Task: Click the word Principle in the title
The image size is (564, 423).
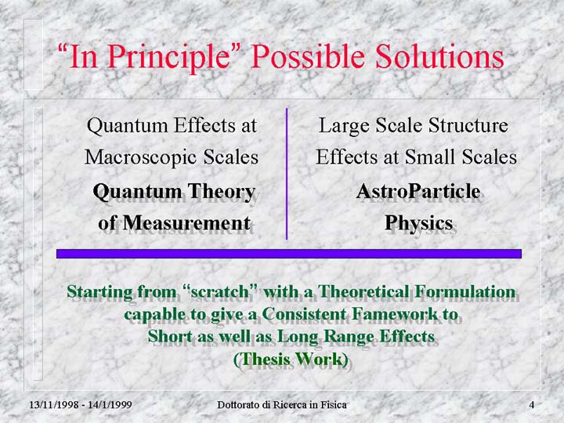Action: (168, 57)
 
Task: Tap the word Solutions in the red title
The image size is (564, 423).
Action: (439, 56)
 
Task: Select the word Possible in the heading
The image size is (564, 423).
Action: (308, 56)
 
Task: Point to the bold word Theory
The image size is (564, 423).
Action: (222, 192)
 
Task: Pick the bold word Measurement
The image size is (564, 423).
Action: (186, 222)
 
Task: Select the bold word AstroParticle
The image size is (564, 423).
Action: (418, 191)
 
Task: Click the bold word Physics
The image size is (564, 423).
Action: (418, 223)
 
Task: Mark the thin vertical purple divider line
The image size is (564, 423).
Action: (287, 174)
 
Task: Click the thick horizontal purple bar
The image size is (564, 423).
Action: (289, 254)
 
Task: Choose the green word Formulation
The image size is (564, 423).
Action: (465, 291)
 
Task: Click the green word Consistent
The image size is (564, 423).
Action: (304, 313)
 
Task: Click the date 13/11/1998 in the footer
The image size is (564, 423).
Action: (54, 405)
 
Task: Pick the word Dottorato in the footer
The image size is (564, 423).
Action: (239, 405)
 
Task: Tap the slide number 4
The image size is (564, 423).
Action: (532, 405)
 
